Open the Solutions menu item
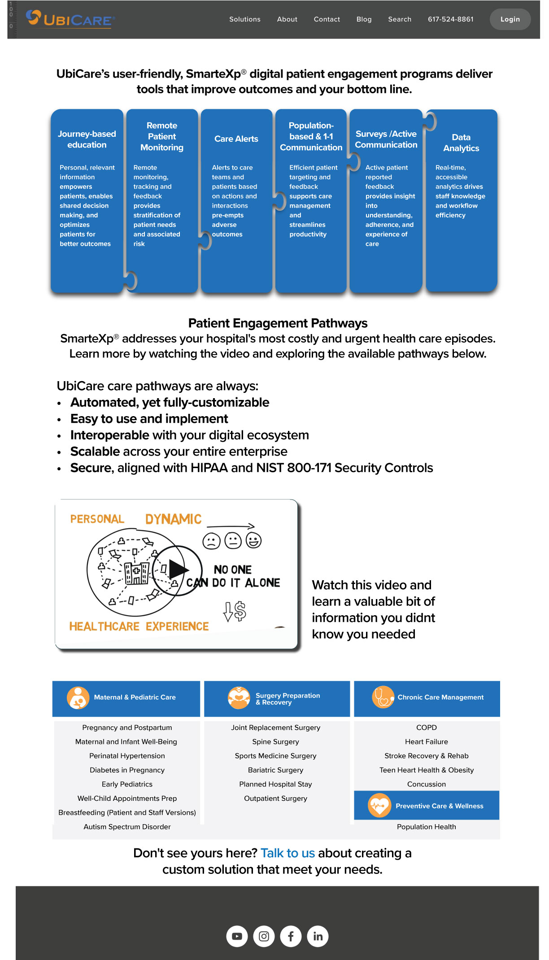(244, 19)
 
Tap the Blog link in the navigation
(364, 19)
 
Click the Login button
(510, 19)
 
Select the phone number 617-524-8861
(450, 19)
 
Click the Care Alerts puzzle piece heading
(236, 139)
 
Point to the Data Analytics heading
(461, 143)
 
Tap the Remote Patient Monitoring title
(162, 136)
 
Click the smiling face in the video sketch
(253, 540)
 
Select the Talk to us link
(288, 853)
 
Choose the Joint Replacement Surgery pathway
(275, 727)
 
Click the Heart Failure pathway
(426, 742)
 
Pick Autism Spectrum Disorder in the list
(127, 826)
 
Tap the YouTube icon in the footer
(237, 936)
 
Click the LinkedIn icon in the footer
(318, 936)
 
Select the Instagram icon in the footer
(264, 936)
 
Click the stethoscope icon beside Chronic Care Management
(383, 697)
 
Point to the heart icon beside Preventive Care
(379, 806)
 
